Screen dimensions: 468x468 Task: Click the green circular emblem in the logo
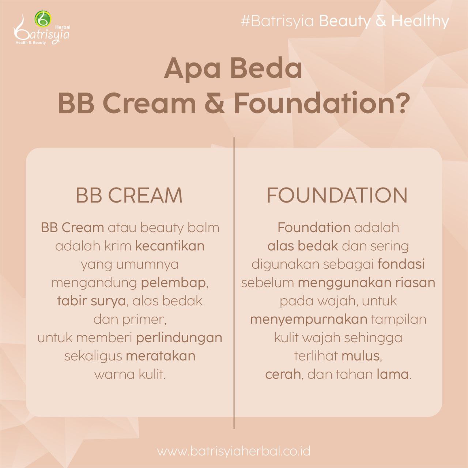43,19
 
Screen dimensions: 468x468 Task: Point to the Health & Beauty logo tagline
31,43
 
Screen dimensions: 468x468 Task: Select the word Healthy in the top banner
420,21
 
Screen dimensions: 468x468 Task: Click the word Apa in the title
192,69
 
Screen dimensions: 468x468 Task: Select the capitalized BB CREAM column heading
129,195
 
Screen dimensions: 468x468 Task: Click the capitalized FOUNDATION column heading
337,195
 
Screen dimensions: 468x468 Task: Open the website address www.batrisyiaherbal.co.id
234,452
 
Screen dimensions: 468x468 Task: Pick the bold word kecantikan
170,246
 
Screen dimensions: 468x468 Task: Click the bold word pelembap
173,283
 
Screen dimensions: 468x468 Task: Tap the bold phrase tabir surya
91,301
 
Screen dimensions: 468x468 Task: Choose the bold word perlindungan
179,338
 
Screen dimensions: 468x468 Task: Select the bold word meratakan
161,356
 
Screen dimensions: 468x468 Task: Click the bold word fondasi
401,264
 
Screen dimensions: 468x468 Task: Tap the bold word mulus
361,356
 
